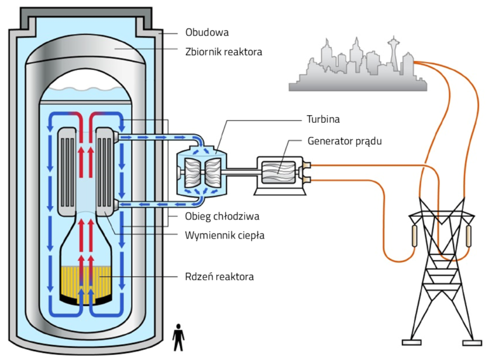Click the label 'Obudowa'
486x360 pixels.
click(x=207, y=32)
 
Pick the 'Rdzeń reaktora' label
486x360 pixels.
click(x=220, y=276)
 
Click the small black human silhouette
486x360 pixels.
click(x=179, y=337)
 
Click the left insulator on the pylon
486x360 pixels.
click(x=416, y=235)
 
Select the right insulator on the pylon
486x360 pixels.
click(x=468, y=235)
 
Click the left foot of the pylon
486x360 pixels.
click(x=411, y=342)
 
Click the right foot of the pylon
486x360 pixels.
click(x=472, y=342)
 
